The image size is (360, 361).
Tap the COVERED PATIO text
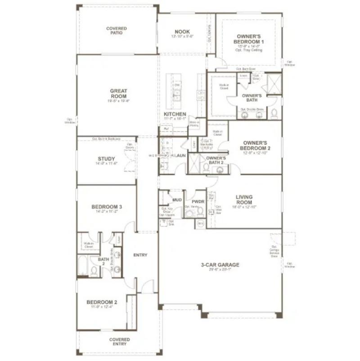click(x=117, y=31)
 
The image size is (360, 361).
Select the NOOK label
click(x=182, y=32)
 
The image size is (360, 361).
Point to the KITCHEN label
click(x=175, y=115)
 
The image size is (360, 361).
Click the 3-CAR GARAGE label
click(x=220, y=265)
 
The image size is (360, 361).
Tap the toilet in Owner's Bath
click(x=274, y=113)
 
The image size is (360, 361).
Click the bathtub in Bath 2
click(x=82, y=266)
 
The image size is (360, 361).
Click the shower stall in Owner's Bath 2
click(x=194, y=164)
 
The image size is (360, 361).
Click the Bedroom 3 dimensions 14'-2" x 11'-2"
click(x=107, y=212)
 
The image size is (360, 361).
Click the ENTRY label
click(x=140, y=255)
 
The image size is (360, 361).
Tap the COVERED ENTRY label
click(x=119, y=342)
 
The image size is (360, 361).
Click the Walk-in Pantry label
click(x=194, y=124)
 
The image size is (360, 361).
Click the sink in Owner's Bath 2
click(x=220, y=169)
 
